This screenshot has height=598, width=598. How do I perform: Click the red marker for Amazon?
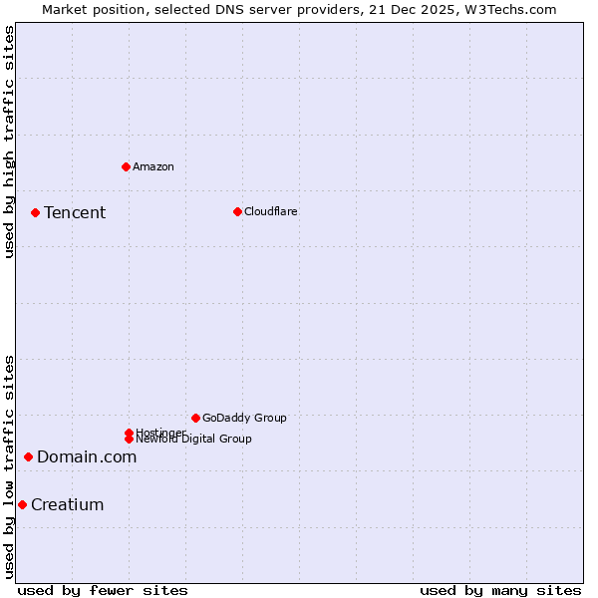126,166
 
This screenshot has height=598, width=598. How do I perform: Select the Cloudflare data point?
237,211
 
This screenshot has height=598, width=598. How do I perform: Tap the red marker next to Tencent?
35,212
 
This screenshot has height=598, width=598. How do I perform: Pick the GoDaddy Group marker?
195,418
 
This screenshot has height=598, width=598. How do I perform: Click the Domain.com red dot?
28,456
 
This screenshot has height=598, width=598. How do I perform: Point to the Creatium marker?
22,504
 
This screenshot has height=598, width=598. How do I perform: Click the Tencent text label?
75,212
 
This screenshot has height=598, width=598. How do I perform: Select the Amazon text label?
152,166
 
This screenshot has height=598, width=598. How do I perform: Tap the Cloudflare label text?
270,211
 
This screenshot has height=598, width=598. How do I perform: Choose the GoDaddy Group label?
244,418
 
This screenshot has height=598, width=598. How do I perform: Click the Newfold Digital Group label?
193,439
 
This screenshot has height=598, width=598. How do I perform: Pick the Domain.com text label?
87,456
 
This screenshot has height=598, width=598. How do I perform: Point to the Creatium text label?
68,504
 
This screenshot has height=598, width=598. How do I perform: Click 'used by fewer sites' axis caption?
103,590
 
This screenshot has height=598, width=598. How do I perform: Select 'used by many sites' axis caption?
500,590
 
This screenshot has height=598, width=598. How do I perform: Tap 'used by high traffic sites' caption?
9,142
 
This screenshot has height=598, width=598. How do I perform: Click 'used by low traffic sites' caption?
9,466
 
